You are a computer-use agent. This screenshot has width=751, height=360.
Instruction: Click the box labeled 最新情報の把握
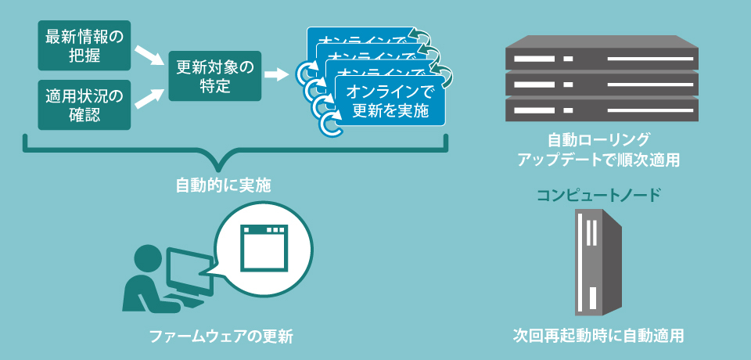click(x=84, y=45)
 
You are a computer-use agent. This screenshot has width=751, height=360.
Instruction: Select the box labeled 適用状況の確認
click(x=84, y=105)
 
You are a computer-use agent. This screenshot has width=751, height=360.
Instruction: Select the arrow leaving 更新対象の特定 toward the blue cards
click(x=276, y=76)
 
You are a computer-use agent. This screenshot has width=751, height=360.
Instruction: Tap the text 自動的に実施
click(x=222, y=185)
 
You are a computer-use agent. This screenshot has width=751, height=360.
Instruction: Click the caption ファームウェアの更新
click(x=221, y=337)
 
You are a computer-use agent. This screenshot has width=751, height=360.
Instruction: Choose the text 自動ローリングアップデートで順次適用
click(x=598, y=149)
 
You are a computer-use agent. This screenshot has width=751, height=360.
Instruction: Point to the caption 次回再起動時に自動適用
click(x=598, y=336)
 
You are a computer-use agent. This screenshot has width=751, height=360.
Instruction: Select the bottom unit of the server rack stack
click(x=600, y=109)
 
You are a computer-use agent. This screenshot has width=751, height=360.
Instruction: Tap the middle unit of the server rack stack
click(x=600, y=83)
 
